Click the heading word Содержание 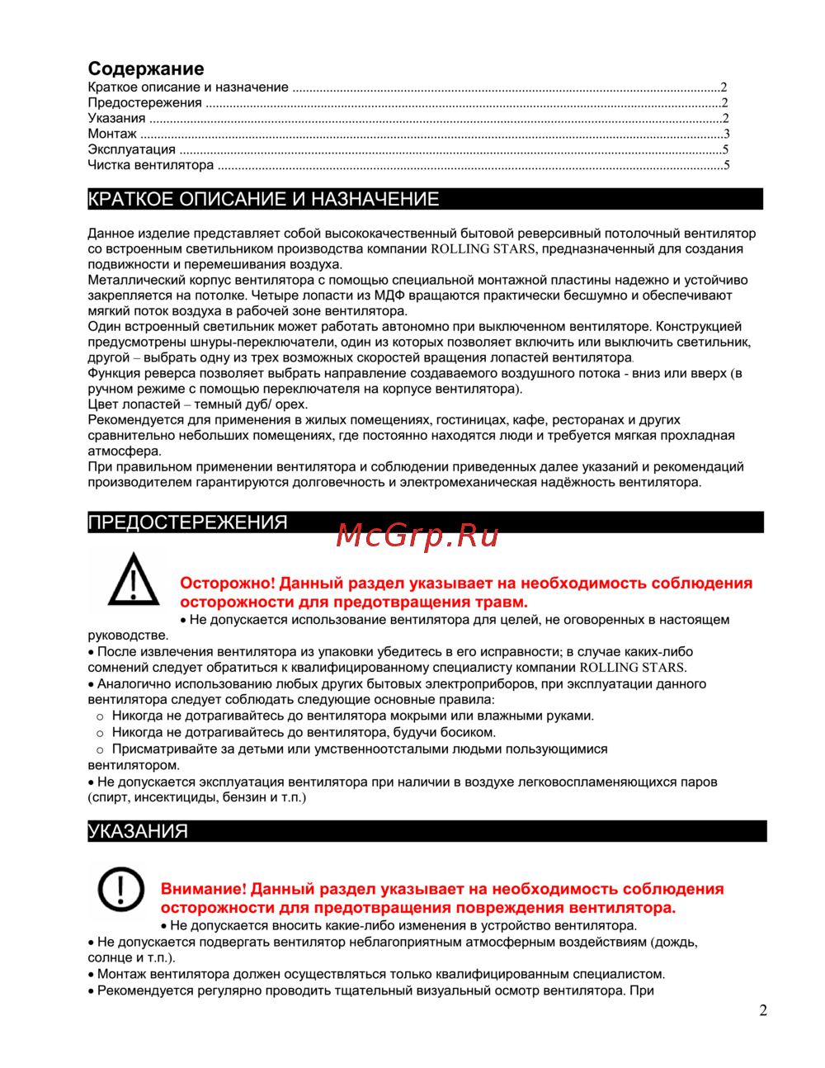(146, 69)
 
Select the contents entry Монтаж (112, 134)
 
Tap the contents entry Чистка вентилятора (151, 165)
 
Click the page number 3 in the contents (726, 134)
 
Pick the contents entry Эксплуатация (132, 149)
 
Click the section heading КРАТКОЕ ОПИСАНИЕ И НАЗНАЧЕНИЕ (263, 199)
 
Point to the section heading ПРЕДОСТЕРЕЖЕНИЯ (187, 522)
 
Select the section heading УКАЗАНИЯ (138, 831)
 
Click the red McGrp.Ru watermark (417, 536)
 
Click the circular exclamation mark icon (121, 890)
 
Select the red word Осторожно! (227, 584)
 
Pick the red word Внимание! (203, 889)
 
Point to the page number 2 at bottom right (763, 1010)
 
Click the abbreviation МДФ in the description (389, 295)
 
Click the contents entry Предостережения (145, 103)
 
